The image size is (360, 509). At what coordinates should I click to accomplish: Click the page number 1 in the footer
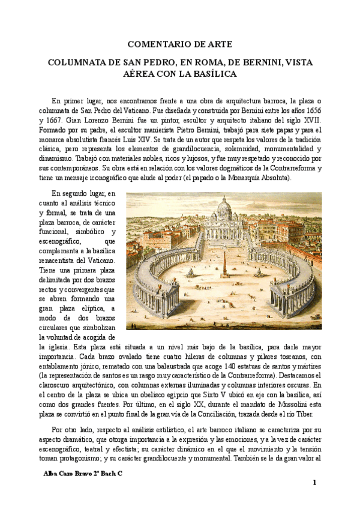point(314,483)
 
